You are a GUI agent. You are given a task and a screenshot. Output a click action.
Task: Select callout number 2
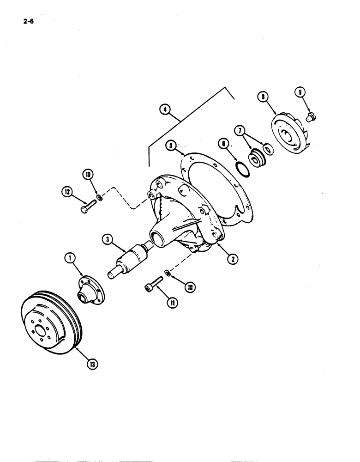coord(233,259)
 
